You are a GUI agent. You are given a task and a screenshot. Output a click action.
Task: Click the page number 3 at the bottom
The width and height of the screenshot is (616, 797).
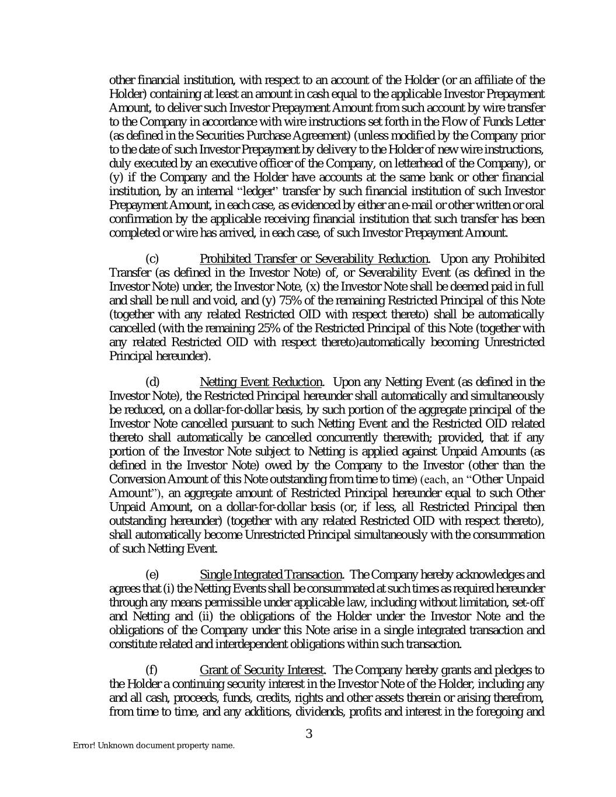pyautogui.click(x=309, y=734)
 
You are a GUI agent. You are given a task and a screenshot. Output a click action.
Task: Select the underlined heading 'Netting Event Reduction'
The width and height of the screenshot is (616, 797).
pyautogui.click(x=260, y=382)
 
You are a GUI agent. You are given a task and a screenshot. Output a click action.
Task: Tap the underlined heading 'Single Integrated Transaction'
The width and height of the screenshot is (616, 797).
pyautogui.click(x=271, y=575)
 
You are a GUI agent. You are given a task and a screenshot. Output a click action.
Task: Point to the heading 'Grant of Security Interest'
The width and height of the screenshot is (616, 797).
pyautogui.click(x=262, y=669)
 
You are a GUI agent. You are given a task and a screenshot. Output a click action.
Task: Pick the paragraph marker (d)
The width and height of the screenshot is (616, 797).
pyautogui.click(x=152, y=382)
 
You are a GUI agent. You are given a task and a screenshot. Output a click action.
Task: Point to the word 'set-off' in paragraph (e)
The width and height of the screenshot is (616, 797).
pyautogui.click(x=528, y=602)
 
